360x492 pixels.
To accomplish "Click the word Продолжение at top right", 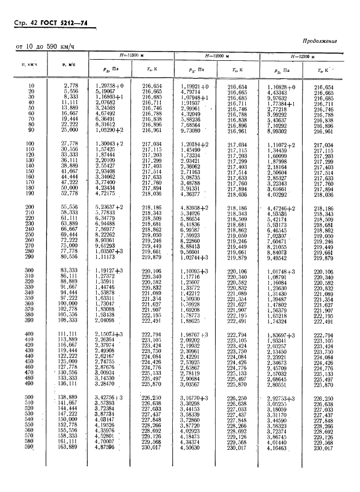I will (x=319, y=41).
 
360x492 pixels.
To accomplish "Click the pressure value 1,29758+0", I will (x=109, y=86).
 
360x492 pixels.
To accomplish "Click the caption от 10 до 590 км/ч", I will (x=43, y=46).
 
